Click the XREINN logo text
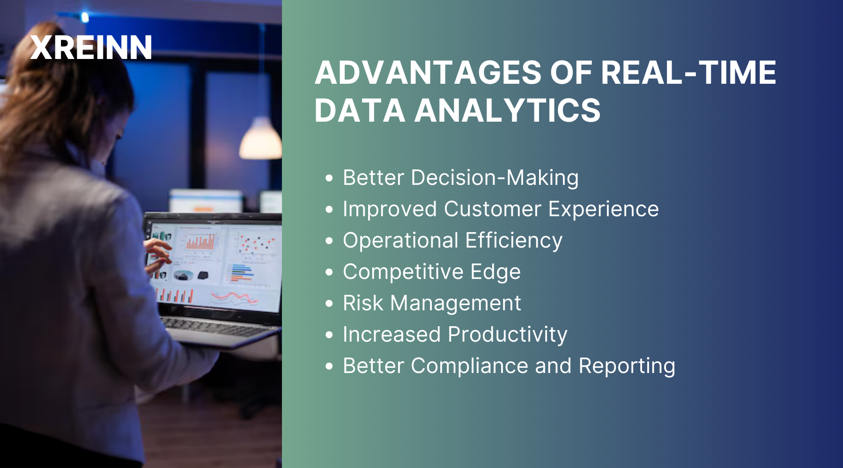click(91, 48)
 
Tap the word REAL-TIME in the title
click(688, 73)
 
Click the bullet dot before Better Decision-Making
click(329, 178)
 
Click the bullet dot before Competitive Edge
click(329, 272)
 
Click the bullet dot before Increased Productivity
click(329, 335)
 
